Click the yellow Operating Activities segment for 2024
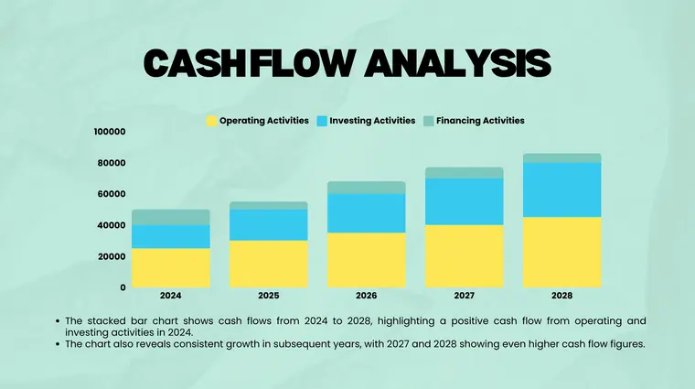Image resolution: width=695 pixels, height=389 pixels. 171,267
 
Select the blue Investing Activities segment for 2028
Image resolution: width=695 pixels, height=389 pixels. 561,189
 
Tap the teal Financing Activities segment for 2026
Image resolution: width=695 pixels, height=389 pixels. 366,188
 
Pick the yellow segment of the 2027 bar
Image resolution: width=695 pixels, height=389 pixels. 464,255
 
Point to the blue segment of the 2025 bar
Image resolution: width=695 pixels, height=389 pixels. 269,225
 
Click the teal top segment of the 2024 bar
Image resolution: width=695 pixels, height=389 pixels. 171,217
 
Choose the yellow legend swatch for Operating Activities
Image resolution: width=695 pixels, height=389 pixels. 212,121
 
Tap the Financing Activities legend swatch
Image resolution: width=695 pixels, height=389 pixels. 428,121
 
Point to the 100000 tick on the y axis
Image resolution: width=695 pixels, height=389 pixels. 110,132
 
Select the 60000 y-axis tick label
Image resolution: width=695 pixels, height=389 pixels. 110,194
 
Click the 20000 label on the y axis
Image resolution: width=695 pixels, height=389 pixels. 110,256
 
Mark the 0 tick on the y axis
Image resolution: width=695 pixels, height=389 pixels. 123,287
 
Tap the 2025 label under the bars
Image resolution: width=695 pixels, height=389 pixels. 269,296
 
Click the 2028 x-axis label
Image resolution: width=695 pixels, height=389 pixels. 561,296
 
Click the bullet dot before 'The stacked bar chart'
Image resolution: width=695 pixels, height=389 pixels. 57,321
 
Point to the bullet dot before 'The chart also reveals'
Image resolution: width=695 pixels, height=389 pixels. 57,345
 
